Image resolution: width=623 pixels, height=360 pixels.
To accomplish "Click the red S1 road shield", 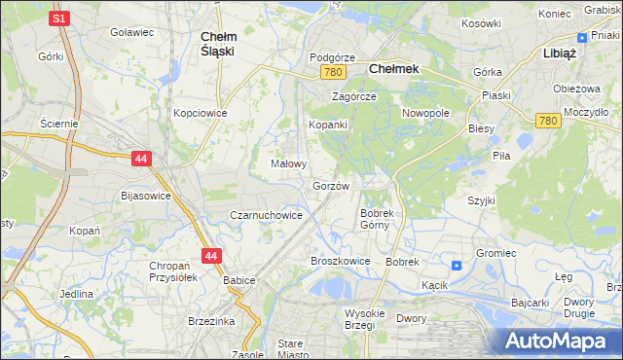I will click(x=58, y=18).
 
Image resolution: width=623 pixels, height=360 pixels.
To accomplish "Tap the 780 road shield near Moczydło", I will click(x=547, y=120).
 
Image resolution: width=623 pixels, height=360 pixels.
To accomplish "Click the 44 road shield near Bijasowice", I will click(x=141, y=158).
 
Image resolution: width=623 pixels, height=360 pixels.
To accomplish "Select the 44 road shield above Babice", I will click(x=211, y=256).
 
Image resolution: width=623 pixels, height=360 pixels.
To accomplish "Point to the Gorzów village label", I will click(x=331, y=186).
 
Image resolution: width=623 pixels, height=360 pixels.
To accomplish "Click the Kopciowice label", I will click(x=200, y=113).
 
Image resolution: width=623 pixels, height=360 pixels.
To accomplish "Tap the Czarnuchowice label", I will click(x=265, y=215).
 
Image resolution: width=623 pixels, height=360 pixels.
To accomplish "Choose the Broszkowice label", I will click(x=340, y=261).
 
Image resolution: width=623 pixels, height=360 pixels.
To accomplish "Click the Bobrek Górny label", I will click(x=376, y=219).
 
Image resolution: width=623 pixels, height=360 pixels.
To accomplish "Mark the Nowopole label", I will click(x=426, y=113).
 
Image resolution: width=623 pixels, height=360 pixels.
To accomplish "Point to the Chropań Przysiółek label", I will click(x=173, y=271).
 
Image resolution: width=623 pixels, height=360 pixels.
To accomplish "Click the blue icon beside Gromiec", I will click(x=457, y=266).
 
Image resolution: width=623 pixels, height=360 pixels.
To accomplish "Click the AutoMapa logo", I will click(x=557, y=341).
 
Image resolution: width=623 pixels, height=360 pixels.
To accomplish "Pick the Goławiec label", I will click(x=132, y=32).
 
